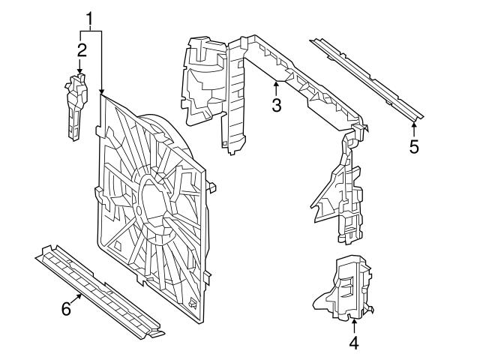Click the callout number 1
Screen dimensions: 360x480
pos(91,16)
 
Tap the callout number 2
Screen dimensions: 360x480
pos(80,50)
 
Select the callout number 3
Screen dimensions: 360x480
pos(277,105)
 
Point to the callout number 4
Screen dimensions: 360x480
pos(353,343)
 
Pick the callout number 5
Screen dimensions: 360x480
pos(414,145)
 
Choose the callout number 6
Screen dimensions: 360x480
pos(66,308)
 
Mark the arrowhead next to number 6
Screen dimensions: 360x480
pos(82,296)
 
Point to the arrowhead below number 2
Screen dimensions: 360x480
pos(80,70)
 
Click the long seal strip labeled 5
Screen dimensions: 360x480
pos(367,76)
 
